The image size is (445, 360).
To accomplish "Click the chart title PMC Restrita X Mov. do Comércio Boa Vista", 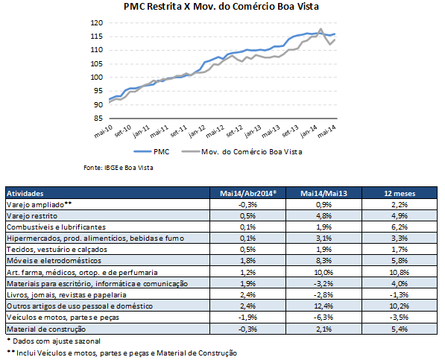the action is [x=221, y=7].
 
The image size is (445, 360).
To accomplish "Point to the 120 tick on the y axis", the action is [x=96, y=23].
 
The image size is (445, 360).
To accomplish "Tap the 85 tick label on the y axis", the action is [x=98, y=119].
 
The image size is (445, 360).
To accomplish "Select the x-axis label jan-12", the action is [x=198, y=132].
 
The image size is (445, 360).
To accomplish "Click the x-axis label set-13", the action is [x=290, y=131].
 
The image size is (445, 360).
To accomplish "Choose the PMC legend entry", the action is [x=152, y=152].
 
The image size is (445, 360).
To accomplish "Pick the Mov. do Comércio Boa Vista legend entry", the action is [x=242, y=152].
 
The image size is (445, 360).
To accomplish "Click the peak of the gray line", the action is [x=321, y=28].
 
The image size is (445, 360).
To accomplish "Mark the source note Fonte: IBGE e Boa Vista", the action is [x=119, y=168].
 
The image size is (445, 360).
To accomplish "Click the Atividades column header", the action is [x=25, y=194].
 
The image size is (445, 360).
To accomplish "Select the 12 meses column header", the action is [x=400, y=194].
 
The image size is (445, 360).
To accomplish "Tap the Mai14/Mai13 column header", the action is [x=324, y=194].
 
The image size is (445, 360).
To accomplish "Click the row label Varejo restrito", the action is [x=32, y=216].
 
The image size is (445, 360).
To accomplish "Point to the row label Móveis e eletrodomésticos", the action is [x=54, y=260].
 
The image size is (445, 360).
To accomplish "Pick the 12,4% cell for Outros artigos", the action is [x=324, y=306].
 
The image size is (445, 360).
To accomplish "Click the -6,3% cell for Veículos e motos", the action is [x=324, y=318].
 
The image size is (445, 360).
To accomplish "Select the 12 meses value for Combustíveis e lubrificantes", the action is [x=400, y=227].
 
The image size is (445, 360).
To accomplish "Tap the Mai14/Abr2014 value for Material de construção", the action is [x=247, y=329].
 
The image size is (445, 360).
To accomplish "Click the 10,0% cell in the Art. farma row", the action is [x=324, y=272].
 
